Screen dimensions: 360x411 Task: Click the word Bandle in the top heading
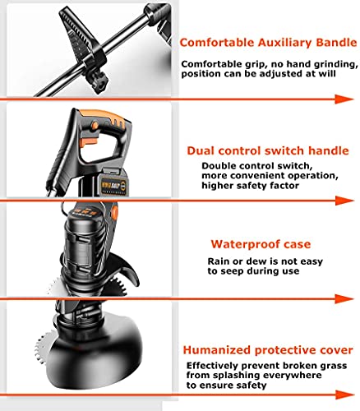pos(336,43)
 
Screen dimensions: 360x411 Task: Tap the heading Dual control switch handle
pos(268,150)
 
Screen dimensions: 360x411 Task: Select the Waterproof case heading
pos(261,244)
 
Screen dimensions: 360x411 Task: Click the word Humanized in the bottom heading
pos(216,350)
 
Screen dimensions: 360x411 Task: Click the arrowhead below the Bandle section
pos(344,99)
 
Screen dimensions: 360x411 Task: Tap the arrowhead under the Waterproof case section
pos(344,298)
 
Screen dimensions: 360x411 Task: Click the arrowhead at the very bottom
pos(344,395)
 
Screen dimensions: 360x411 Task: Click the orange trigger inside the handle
pos(90,141)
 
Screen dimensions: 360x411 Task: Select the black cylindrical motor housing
pos(84,247)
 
